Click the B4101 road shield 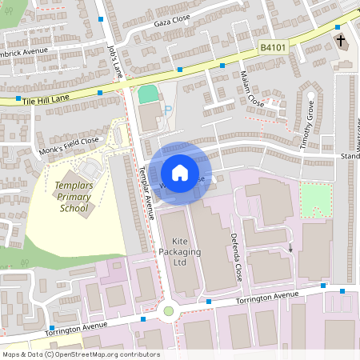pyautogui.click(x=273, y=48)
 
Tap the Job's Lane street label pyautogui.click(x=115, y=61)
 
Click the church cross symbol pyautogui.click(x=341, y=40)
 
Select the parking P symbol pyautogui.click(x=167, y=111)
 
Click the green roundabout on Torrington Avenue pyautogui.click(x=168, y=310)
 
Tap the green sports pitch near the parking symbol pyautogui.click(x=148, y=94)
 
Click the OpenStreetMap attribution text pyautogui.click(x=80, y=354)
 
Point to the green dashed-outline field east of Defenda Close pyautogui.click(x=314, y=199)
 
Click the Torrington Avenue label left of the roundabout pyautogui.click(x=77, y=327)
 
